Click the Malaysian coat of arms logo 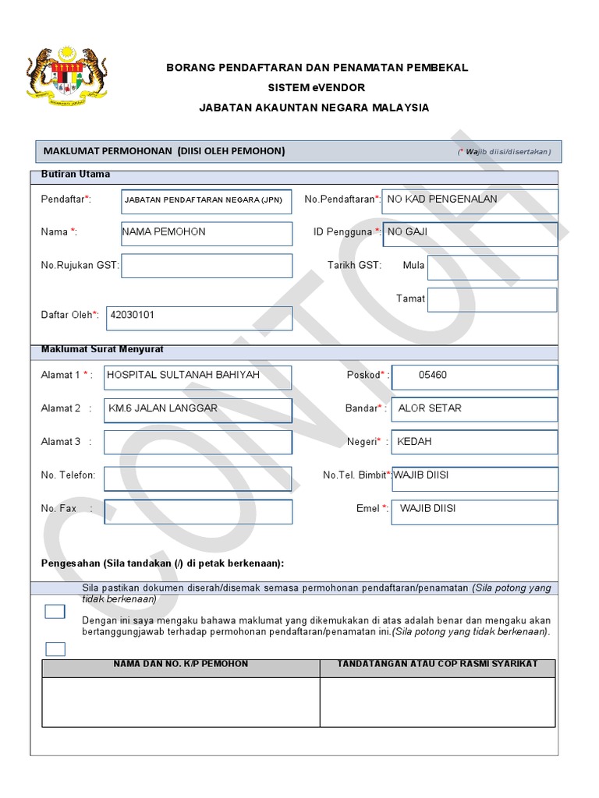click(66, 76)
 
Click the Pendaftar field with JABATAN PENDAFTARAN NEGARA click(207, 201)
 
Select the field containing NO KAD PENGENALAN click(470, 200)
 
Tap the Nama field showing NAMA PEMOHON click(207, 233)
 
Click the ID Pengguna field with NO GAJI click(470, 233)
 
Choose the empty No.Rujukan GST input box click(207, 266)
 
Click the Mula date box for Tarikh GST click(492, 267)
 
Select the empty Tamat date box click(492, 300)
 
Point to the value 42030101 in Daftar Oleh click(133, 316)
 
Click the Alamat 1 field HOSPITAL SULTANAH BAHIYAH click(197, 376)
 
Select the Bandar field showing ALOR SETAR click(474, 409)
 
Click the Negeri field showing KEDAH click(474, 442)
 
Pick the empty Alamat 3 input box click(197, 442)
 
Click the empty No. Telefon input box click(197, 478)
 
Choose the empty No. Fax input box click(197, 511)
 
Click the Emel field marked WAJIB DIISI click(474, 511)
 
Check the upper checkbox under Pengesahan click(55, 612)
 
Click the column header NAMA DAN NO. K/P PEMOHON click(181, 665)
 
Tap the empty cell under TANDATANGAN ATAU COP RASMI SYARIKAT click(438, 701)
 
